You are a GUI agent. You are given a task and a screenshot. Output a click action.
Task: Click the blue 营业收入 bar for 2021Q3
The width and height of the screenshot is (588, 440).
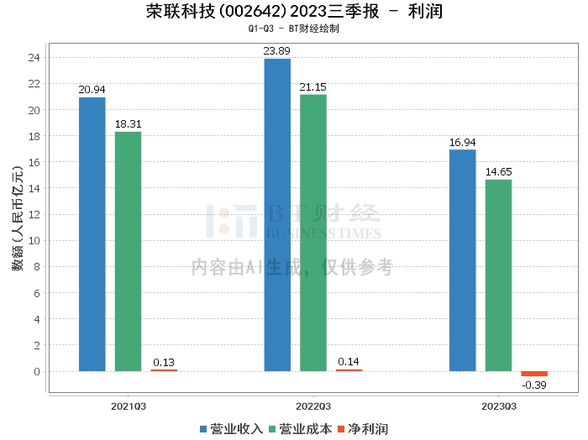pyautogui.click(x=92, y=234)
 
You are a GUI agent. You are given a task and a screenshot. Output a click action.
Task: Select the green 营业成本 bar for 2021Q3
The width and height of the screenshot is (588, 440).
pyautogui.click(x=128, y=251)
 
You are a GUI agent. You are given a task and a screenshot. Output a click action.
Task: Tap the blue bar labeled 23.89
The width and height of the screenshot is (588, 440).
pyautogui.click(x=277, y=215)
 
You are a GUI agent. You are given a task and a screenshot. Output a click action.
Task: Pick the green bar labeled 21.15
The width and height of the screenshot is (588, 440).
pyautogui.click(x=313, y=233)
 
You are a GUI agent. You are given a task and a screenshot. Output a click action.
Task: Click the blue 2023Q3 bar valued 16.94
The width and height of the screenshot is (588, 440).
pyautogui.click(x=463, y=260)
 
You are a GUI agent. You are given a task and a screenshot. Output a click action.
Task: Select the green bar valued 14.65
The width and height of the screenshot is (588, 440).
pyautogui.click(x=498, y=275)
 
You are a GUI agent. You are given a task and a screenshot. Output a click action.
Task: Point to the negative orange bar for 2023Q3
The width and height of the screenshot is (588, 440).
pyautogui.click(x=534, y=374)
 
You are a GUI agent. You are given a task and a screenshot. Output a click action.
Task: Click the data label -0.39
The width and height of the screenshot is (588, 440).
pyautogui.click(x=534, y=385)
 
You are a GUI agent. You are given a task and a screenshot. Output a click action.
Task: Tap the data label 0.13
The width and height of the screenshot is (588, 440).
pyautogui.click(x=164, y=363)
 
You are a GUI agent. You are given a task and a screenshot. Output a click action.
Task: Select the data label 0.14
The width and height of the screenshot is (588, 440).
pyautogui.click(x=349, y=362)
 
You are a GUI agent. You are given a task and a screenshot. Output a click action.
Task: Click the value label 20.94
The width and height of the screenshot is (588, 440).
pyautogui.click(x=92, y=90)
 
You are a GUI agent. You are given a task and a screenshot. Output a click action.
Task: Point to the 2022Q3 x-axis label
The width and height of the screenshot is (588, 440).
pyautogui.click(x=313, y=406)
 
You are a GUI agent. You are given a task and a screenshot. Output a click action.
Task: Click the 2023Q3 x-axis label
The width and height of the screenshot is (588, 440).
pyautogui.click(x=499, y=406)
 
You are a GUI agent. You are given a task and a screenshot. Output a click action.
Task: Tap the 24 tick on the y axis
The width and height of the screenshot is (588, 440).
pyautogui.click(x=34, y=57)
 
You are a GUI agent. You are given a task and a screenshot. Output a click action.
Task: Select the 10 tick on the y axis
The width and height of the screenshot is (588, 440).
pyautogui.click(x=34, y=241)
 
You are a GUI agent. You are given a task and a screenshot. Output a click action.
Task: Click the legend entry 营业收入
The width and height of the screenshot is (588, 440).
pyautogui.click(x=231, y=429)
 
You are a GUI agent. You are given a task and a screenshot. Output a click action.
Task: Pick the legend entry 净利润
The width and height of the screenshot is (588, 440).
pyautogui.click(x=363, y=429)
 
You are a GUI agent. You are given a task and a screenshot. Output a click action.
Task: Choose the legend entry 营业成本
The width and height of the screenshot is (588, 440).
pyautogui.click(x=301, y=429)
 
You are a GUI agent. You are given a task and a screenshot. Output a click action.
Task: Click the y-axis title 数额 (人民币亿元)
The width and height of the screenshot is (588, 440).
pyautogui.click(x=18, y=218)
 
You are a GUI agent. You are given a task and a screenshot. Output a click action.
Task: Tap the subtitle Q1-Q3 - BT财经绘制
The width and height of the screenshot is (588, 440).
pyautogui.click(x=294, y=29)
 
